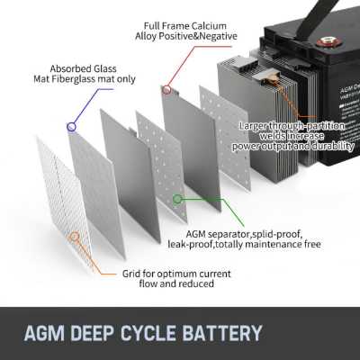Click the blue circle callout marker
(x=71, y=127)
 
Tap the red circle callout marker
(x=166, y=89)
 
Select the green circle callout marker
(x=177, y=199)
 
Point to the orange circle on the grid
(x=75, y=237)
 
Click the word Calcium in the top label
(x=209, y=26)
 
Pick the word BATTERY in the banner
(x=222, y=333)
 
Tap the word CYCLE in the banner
(x=148, y=333)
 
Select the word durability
(x=333, y=146)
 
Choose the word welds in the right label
(x=272, y=136)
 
